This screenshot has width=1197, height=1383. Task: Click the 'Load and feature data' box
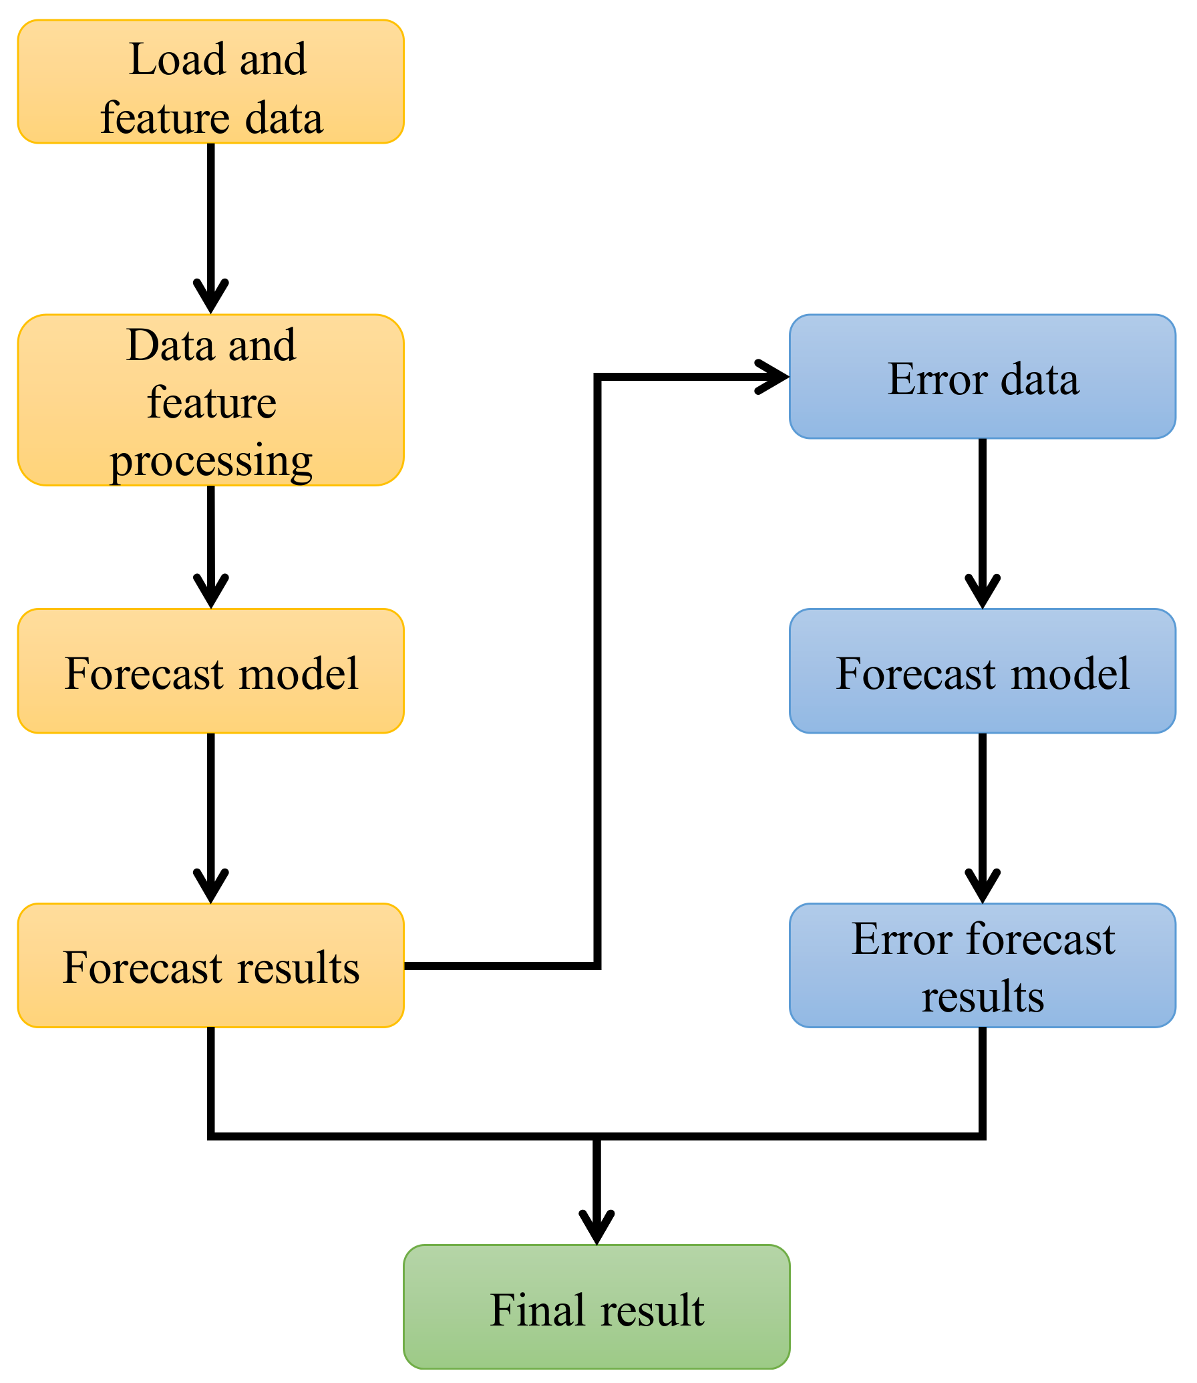[210, 82]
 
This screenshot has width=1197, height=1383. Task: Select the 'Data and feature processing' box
[210, 400]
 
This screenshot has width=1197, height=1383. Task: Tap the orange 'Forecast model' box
[210, 671]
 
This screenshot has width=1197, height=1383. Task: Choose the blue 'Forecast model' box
[982, 671]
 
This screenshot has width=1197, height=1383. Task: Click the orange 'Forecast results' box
[210, 965]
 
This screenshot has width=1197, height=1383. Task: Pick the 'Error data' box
[982, 377]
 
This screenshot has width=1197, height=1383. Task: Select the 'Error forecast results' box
[982, 965]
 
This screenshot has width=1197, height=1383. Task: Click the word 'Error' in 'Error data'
[936, 379]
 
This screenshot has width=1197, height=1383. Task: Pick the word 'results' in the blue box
[982, 996]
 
